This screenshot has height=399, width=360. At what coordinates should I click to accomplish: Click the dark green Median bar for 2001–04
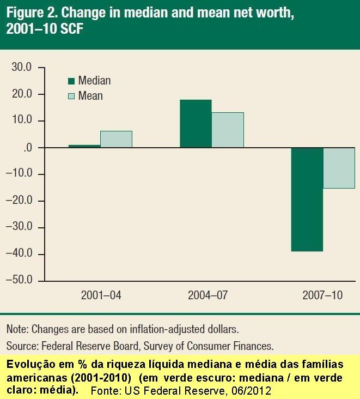tap(84, 146)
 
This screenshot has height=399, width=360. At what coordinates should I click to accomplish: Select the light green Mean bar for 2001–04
tap(116, 139)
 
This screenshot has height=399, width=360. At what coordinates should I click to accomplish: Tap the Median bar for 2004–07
tap(196, 124)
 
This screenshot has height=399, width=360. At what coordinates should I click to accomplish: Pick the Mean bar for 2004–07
tap(228, 130)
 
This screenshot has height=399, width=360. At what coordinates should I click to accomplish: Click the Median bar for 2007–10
tap(307, 199)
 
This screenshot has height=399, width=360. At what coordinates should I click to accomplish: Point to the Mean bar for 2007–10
tap(339, 168)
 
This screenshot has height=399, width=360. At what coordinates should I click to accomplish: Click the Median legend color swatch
tap(71, 81)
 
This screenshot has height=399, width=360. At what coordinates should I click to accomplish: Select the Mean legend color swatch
tap(71, 96)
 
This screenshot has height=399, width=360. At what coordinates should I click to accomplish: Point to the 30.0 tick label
tap(22, 68)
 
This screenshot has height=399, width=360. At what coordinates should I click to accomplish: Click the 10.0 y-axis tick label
tap(22, 120)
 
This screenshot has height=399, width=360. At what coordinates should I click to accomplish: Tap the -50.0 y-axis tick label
tap(20, 280)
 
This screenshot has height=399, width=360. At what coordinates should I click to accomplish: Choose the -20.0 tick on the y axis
tap(20, 201)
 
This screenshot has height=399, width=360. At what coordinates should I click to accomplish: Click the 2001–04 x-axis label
tap(101, 296)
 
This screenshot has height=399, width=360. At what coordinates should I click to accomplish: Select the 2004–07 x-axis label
tap(208, 296)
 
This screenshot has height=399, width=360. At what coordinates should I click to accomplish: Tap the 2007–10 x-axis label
tap(322, 296)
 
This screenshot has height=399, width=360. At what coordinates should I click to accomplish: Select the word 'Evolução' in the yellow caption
tap(28, 364)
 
